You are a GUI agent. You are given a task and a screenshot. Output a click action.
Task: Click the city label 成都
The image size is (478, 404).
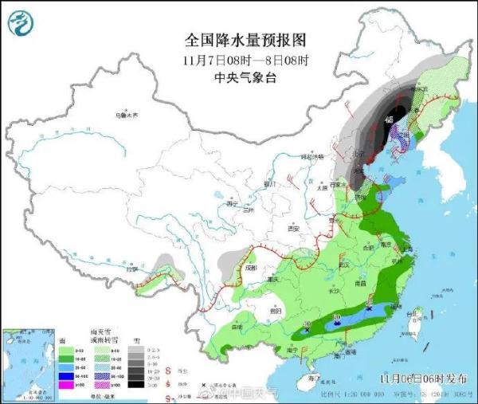(252, 268)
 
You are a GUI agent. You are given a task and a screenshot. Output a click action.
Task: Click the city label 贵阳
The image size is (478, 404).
(276, 313)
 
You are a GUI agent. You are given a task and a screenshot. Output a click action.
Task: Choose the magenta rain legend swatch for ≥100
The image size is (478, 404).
(61, 386)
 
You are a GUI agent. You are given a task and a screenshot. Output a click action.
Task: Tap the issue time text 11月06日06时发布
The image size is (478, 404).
(421, 378)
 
